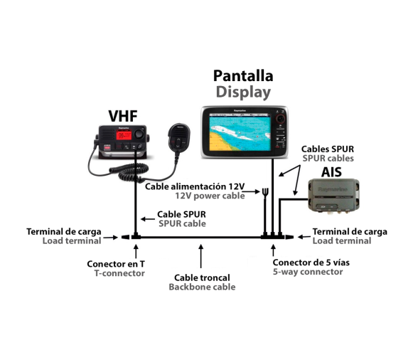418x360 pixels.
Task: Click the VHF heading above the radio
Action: pyautogui.click(x=123, y=116)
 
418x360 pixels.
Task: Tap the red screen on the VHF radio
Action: pyautogui.click(x=124, y=135)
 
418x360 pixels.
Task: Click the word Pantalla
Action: pyautogui.click(x=243, y=76)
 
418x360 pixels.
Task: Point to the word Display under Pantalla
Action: pyautogui.click(x=243, y=92)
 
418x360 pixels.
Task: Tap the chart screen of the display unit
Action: pyautogui.click(x=240, y=133)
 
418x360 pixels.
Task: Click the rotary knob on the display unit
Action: pyautogui.click(x=280, y=118)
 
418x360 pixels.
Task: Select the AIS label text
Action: pyautogui.click(x=331, y=172)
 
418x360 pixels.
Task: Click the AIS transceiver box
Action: pyautogui.click(x=333, y=195)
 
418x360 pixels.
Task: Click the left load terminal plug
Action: pyautogui.click(x=126, y=237)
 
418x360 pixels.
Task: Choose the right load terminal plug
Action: pyautogui.click(x=289, y=237)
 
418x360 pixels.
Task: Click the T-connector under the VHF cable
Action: pyautogui.click(x=136, y=236)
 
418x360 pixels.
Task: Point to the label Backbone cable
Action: pyautogui.click(x=202, y=287)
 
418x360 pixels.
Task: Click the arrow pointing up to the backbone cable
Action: pyautogui.click(x=201, y=256)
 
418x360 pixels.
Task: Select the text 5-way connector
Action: pyautogui.click(x=308, y=272)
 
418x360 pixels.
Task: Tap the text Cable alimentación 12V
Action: pyautogui.click(x=195, y=186)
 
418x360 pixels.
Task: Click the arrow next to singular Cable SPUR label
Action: pyautogui.click(x=148, y=219)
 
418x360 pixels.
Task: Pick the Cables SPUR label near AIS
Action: pyautogui.click(x=328, y=149)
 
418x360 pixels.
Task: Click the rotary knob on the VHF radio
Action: pyautogui.click(x=139, y=134)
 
